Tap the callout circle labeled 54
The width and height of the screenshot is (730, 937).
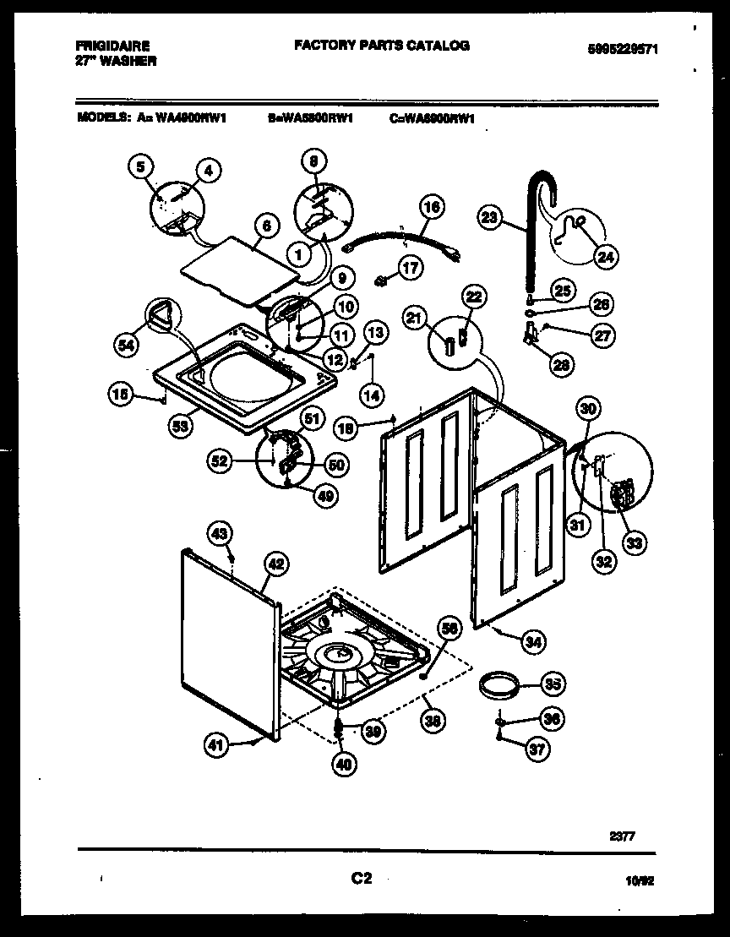(126, 344)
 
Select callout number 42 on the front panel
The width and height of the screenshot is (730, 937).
(275, 564)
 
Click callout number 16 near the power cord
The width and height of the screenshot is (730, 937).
(430, 206)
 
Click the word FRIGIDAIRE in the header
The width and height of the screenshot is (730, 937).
(105, 46)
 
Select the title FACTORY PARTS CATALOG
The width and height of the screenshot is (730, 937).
(381, 46)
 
